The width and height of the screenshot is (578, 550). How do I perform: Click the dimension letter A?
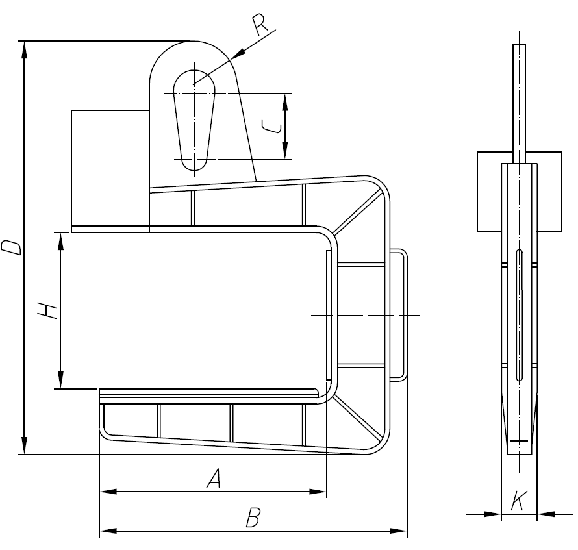[214, 479]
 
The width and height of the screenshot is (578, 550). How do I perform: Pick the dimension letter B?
[253, 518]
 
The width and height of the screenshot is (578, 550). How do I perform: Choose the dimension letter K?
[518, 501]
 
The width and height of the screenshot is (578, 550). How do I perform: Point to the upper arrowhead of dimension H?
[60, 239]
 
